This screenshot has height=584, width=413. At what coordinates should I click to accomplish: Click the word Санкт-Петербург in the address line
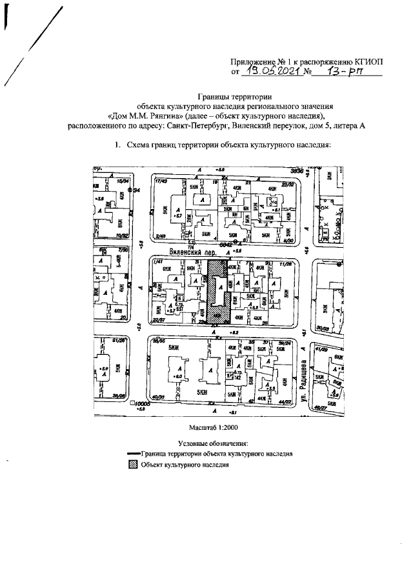[208, 126]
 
